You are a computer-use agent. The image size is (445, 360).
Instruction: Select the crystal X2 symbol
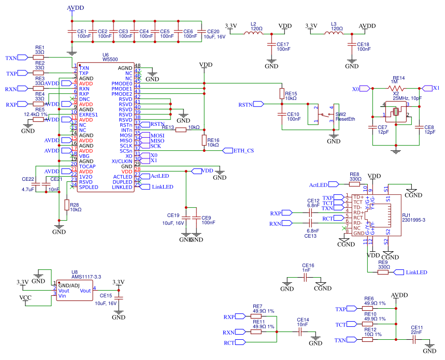396,111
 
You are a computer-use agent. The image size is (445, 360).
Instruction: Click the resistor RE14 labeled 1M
398,89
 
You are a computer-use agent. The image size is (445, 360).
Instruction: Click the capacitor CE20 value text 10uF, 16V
214,37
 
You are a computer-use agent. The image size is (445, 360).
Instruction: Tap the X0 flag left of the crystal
360,89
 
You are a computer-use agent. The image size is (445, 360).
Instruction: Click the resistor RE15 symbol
282,94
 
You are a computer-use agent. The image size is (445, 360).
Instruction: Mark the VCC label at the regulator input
25,298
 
